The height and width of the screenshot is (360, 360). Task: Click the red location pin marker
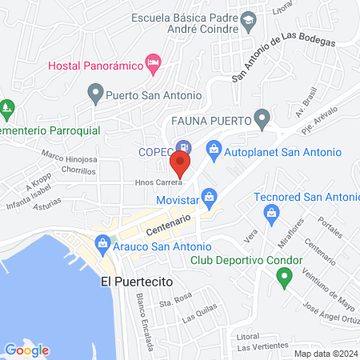point(181,166)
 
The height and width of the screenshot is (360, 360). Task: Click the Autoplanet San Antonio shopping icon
point(214,148)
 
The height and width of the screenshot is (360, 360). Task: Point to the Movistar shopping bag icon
point(209,195)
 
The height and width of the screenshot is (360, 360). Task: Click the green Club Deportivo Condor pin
point(282,278)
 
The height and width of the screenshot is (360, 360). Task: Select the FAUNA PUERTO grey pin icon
point(262,120)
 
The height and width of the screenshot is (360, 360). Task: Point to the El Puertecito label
point(137,282)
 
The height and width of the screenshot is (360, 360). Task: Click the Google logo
point(26,350)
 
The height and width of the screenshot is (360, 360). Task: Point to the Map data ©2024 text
point(326,354)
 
